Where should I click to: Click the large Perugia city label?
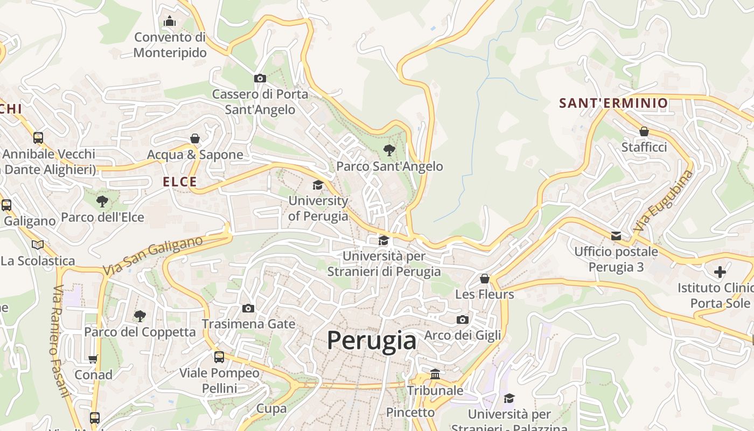(372, 340)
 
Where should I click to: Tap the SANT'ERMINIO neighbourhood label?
(613, 103)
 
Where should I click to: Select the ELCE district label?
(180, 182)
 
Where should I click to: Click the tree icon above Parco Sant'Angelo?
(389, 150)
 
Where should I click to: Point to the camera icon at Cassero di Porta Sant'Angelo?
(260, 78)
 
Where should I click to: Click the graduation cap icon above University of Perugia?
(318, 185)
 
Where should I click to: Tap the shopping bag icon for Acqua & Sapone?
(195, 138)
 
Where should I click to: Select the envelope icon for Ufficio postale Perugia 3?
(616, 235)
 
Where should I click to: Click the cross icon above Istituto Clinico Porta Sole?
(720, 272)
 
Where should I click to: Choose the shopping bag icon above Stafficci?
(644, 131)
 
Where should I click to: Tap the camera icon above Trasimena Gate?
(248, 308)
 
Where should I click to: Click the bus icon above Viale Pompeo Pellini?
(219, 357)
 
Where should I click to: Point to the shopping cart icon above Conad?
(93, 359)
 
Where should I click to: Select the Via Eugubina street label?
(663, 201)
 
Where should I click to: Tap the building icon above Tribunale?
(435, 374)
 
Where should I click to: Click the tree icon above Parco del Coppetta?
(139, 316)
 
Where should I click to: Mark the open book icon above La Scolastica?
(37, 245)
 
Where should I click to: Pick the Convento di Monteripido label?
(170, 45)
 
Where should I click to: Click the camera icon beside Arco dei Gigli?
(462, 319)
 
